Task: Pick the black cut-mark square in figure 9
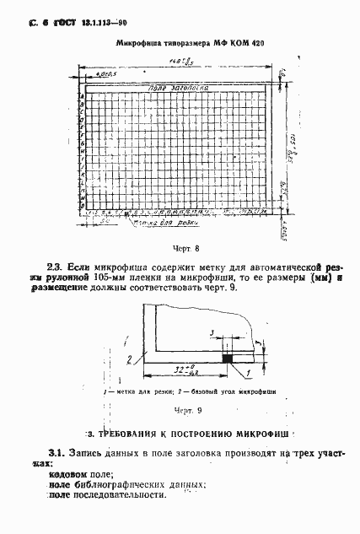click(x=227, y=359)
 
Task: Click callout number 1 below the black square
click(x=250, y=372)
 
